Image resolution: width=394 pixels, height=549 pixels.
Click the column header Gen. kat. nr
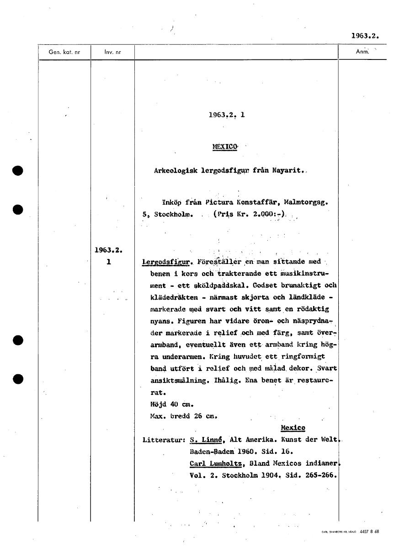click(x=64, y=52)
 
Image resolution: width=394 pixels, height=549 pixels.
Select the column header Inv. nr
click(x=112, y=52)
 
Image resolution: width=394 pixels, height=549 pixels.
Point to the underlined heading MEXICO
click(x=225, y=147)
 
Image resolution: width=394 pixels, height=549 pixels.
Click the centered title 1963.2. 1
click(x=226, y=115)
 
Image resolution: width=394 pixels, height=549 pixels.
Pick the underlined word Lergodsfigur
click(x=166, y=263)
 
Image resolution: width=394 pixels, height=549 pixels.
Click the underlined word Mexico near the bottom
click(x=293, y=428)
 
